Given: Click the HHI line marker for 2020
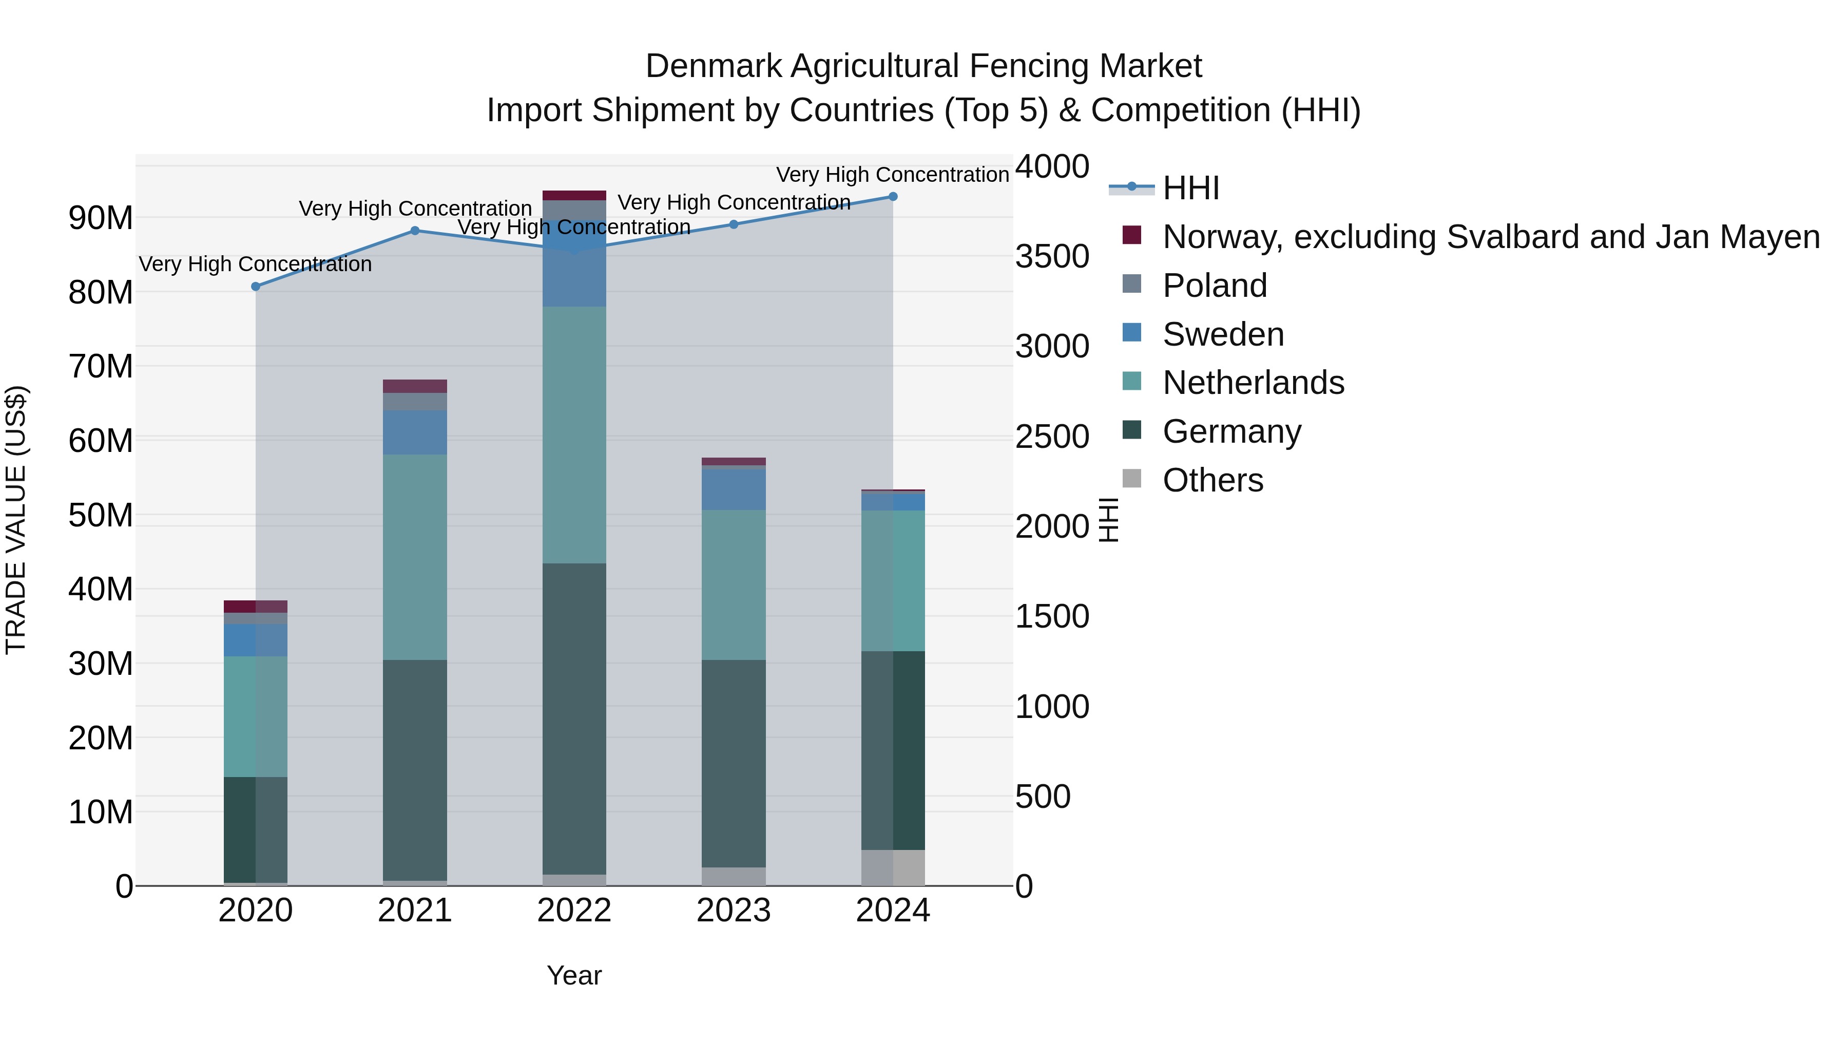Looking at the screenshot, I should [x=256, y=287].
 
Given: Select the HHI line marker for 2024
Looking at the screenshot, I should [x=893, y=197].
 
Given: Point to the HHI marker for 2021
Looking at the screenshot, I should [x=415, y=231].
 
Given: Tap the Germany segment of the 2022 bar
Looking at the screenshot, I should [x=574, y=718].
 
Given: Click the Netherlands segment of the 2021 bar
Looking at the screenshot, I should [x=415, y=556].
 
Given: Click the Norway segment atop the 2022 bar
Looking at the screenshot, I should [x=574, y=195].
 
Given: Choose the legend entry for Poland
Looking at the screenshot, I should [x=1215, y=286].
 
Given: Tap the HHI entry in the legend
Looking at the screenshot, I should [x=1191, y=188].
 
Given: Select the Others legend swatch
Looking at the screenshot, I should [x=1131, y=478].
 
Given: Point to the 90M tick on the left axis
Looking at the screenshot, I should [x=101, y=218].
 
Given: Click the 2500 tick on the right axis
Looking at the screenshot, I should [x=1052, y=437].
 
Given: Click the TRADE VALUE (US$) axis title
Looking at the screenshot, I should [x=16, y=520].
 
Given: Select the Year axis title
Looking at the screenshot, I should [x=574, y=975].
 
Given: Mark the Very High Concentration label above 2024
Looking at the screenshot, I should [x=893, y=175].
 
